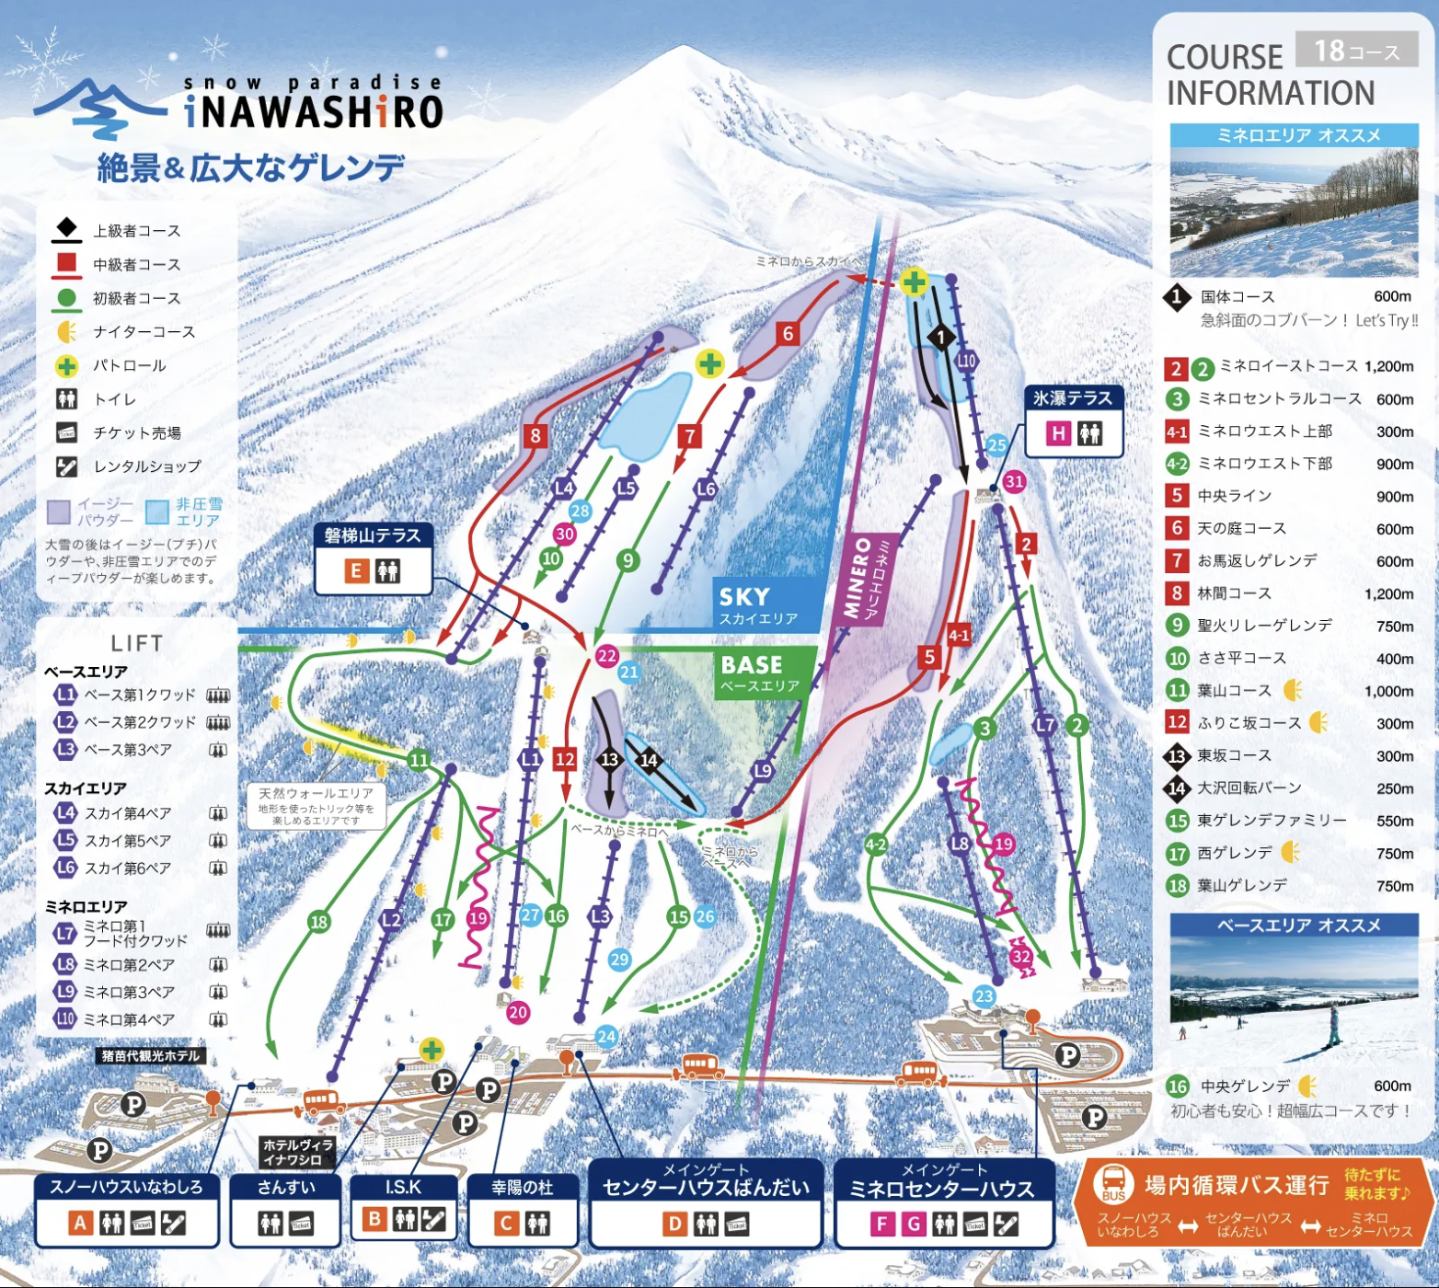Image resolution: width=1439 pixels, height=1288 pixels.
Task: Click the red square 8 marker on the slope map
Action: click(535, 435)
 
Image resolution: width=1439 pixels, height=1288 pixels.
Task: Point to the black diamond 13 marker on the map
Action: click(609, 759)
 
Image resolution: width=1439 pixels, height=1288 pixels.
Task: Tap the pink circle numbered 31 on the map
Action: click(1014, 481)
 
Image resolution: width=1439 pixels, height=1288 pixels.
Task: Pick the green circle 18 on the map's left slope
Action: click(319, 922)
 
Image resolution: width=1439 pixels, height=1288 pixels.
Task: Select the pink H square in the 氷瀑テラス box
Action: click(1058, 433)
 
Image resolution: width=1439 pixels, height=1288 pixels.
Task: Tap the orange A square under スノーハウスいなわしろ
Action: click(81, 1223)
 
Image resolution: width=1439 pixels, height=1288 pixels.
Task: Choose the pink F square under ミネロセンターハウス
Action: click(881, 1224)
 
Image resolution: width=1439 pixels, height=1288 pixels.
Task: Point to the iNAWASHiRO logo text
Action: click(314, 111)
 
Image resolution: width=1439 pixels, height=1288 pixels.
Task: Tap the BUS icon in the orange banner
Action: click(1112, 1185)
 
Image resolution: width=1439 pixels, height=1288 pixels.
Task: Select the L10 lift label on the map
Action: click(965, 361)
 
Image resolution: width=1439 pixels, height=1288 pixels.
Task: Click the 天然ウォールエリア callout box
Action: click(316, 805)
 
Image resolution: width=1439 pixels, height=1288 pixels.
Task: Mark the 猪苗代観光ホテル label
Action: click(151, 1055)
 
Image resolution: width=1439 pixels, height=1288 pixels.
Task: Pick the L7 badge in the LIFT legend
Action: click(64, 933)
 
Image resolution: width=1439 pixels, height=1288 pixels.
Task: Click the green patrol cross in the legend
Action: click(66, 366)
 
